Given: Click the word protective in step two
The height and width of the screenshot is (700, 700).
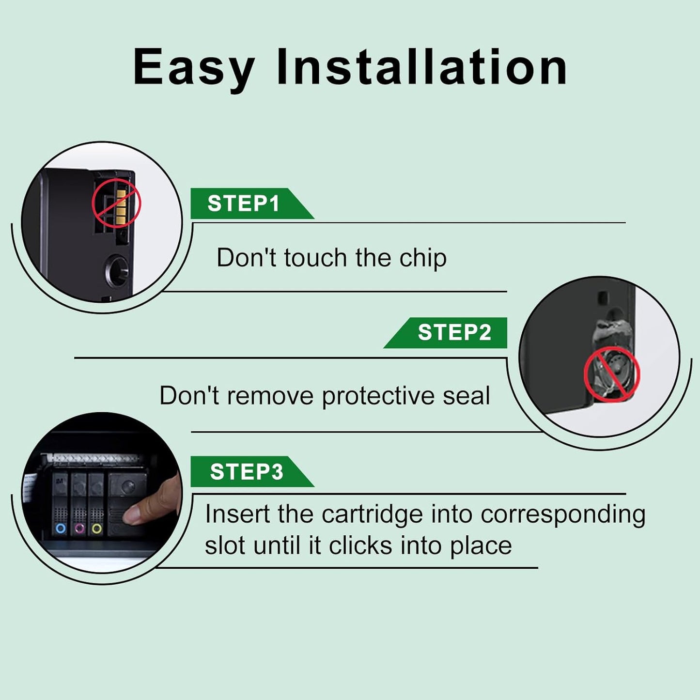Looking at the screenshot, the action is tap(378, 396).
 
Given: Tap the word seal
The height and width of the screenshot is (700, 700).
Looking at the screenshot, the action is tap(467, 395).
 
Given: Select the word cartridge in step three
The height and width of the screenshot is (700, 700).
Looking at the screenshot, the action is tap(372, 515).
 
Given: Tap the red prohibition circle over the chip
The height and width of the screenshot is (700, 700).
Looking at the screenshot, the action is tap(116, 202).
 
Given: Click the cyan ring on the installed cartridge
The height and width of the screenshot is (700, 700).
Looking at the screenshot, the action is tap(61, 528).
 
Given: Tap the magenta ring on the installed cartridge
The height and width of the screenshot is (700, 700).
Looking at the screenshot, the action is tap(79, 528).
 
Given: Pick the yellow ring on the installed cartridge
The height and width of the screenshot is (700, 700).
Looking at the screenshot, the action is tap(96, 528).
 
